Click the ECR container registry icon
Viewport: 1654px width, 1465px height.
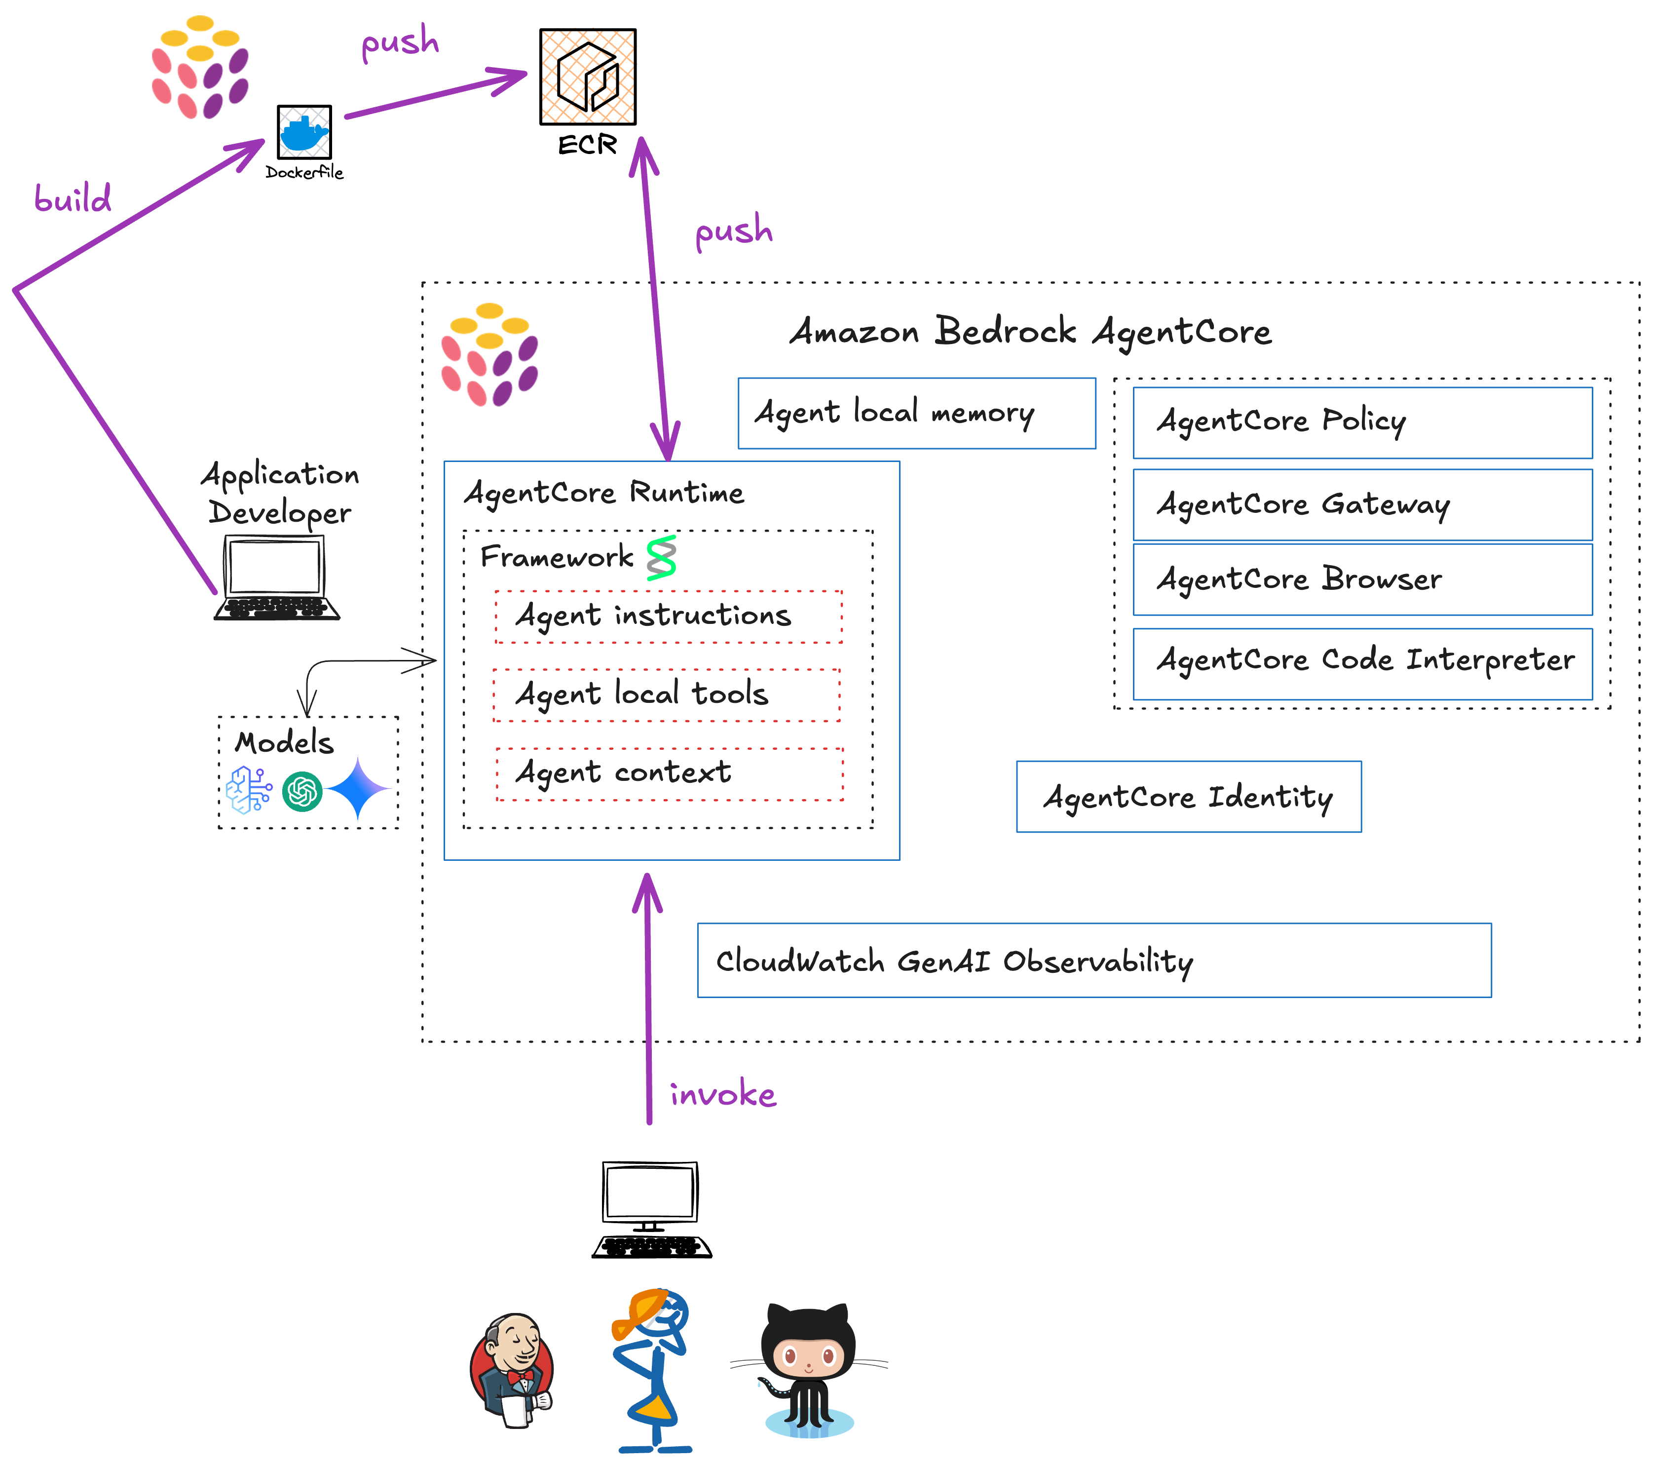click(x=588, y=77)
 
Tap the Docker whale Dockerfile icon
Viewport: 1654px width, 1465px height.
click(x=304, y=132)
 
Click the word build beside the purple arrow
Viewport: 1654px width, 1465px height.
click(x=73, y=198)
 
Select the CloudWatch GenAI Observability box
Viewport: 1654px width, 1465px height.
click(x=1093, y=960)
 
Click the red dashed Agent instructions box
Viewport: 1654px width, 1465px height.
click(x=669, y=617)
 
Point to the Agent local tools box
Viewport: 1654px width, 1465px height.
click(x=666, y=694)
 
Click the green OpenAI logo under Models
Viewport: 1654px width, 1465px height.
click(x=302, y=791)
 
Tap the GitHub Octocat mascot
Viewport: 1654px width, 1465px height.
click(x=808, y=1370)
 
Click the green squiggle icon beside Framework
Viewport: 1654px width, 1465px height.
click(x=661, y=558)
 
